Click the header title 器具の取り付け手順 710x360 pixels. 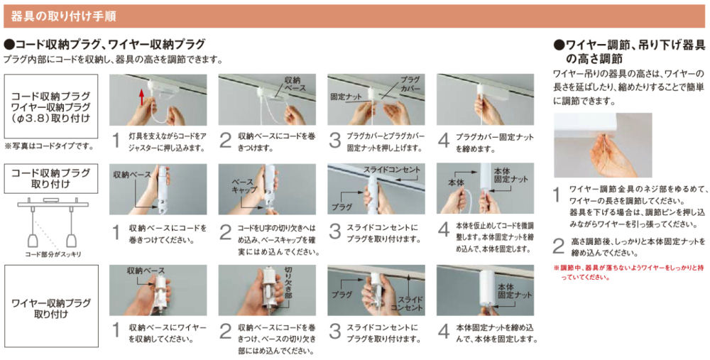[x=63, y=16]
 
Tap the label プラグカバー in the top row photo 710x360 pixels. [x=410, y=84]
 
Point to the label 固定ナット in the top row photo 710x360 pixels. [x=346, y=97]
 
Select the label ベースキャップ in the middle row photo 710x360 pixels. [x=244, y=185]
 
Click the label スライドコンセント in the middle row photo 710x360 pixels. [x=392, y=170]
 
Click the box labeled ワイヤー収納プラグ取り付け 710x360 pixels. [x=51, y=305]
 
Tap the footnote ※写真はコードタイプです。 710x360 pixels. [x=49, y=146]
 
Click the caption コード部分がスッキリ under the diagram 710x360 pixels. [x=53, y=254]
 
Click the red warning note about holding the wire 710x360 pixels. [x=629, y=273]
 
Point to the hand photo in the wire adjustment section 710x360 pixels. [x=603, y=145]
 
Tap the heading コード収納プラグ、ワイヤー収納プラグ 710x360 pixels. [x=104, y=44]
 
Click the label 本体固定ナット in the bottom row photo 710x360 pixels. [x=515, y=291]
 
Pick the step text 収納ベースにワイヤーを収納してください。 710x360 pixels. [x=168, y=333]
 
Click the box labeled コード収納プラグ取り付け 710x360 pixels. [x=50, y=178]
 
